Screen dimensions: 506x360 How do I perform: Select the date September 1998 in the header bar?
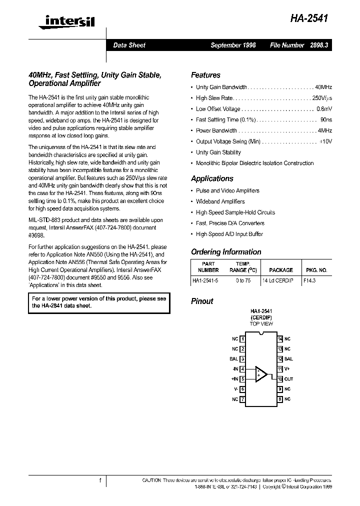tap(233, 45)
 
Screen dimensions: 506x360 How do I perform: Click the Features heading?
tap(205, 75)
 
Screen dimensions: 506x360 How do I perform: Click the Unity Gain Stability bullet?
tap(218, 152)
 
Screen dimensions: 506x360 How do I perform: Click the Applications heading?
tap(212, 178)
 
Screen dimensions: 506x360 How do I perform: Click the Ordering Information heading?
tap(226, 252)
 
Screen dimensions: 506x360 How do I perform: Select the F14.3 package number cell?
tap(309, 281)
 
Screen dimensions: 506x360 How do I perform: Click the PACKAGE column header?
tap(280, 270)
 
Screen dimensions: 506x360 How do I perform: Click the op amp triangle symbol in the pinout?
tap(261, 374)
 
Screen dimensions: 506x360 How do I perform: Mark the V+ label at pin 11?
tap(287, 369)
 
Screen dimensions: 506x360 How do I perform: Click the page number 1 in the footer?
tap(100, 481)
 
